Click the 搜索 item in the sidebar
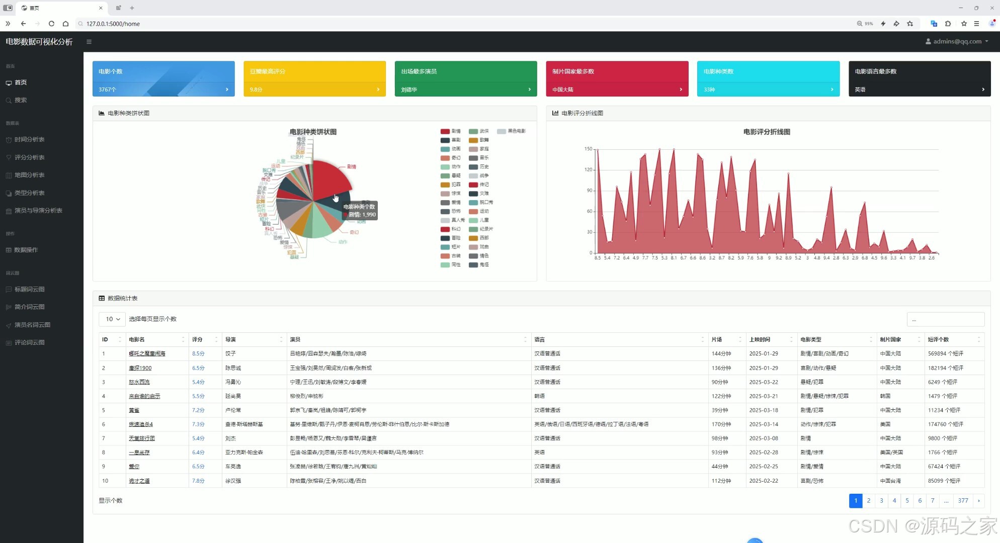(21, 100)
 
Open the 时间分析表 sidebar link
(29, 139)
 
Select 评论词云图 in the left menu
(29, 342)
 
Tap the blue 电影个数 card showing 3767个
(163, 78)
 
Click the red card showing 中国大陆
(617, 78)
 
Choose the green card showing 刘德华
(465, 78)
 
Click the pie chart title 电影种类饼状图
(313, 132)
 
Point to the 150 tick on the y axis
(588, 149)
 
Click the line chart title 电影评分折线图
(767, 132)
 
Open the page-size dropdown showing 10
(112, 319)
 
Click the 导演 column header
(230, 339)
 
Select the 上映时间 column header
(760, 339)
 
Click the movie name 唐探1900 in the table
(140, 368)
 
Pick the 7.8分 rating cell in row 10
(198, 481)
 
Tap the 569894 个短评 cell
(946, 353)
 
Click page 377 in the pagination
(963, 500)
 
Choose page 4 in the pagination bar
(894, 500)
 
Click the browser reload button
(51, 24)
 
